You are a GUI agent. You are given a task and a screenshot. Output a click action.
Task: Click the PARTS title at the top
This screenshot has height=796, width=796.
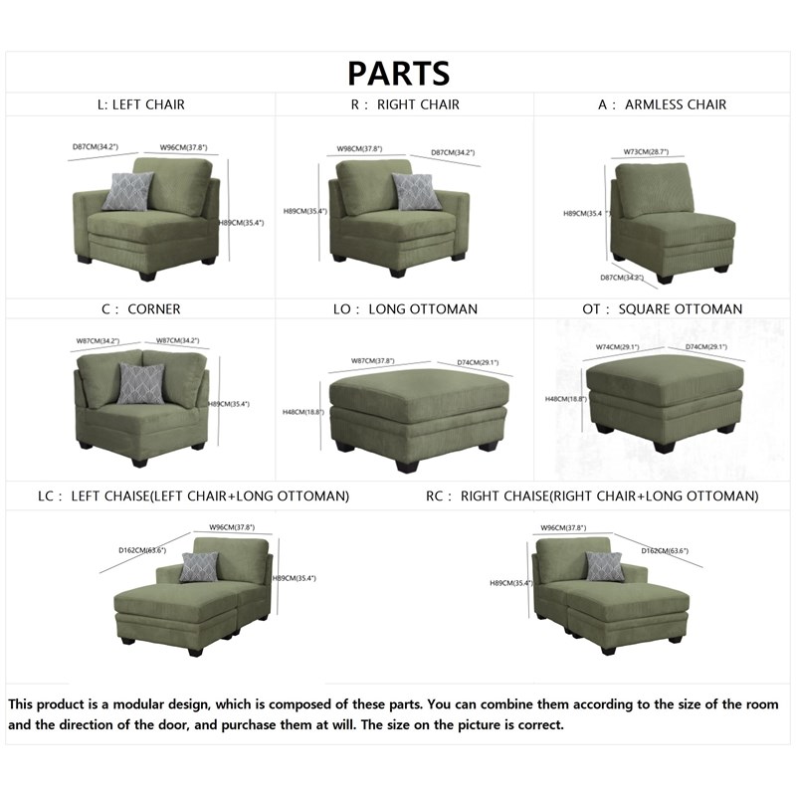tap(398, 73)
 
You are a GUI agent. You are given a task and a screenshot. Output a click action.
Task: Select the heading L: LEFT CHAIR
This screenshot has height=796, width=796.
tap(134, 104)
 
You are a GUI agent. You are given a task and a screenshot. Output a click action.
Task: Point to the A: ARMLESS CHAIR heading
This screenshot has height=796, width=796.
tap(664, 104)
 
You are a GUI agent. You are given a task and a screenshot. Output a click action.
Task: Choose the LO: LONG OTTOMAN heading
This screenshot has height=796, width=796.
tap(405, 308)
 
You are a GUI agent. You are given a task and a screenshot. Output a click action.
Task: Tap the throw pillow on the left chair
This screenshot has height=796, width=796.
tap(128, 191)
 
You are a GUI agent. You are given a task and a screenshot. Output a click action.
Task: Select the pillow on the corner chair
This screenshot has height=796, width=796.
tap(141, 383)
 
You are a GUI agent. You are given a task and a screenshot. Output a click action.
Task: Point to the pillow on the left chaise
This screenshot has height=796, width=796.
tap(199, 566)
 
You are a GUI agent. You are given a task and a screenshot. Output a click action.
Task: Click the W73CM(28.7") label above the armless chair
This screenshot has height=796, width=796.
tap(646, 152)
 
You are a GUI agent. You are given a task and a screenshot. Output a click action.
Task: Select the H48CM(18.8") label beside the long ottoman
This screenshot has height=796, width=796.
tap(302, 412)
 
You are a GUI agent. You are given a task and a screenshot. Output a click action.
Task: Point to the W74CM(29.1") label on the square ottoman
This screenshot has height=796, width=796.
tap(617, 347)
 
